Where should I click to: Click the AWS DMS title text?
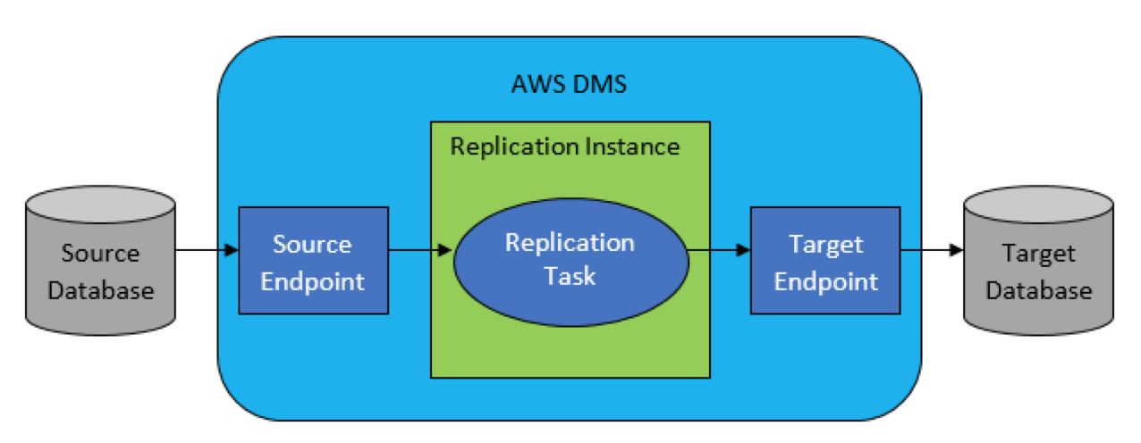coord(569,85)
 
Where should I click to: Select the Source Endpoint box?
coord(313,261)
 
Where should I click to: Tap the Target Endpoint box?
coord(825,261)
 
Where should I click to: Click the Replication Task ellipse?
coord(571,263)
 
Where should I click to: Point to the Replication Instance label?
coord(565,147)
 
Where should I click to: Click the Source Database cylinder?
coord(100,261)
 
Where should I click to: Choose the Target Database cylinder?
coord(1039,261)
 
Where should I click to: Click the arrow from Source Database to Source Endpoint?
coord(207,250)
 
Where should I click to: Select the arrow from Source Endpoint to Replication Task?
coord(420,250)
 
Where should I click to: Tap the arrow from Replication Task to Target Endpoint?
coord(719,250)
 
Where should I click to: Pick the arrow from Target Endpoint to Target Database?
coord(932,250)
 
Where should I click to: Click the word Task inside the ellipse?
coord(570,276)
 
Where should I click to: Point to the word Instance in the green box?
coord(632,147)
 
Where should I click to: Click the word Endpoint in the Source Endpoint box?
coord(313,281)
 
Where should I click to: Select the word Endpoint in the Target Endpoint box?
coord(825,281)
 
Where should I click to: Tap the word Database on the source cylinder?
coord(101,290)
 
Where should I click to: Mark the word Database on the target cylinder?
coord(1039,290)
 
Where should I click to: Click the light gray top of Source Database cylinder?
coord(100,205)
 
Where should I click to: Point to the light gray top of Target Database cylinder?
coord(1039,205)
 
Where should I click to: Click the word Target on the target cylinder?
coord(1039,254)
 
